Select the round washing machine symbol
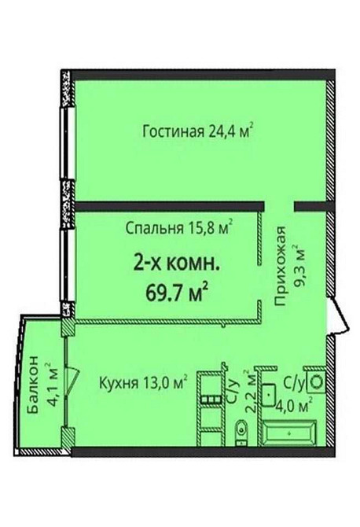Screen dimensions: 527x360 click(x=318, y=380)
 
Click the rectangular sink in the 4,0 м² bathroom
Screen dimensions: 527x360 click(x=271, y=391)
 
